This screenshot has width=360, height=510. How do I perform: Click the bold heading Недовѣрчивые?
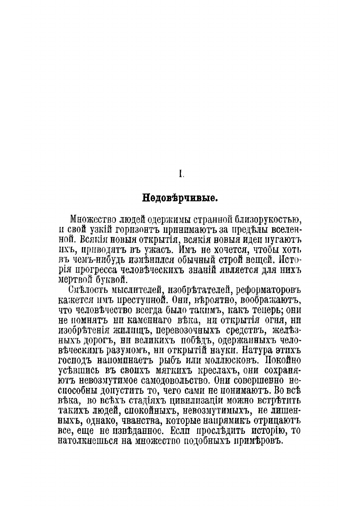180,199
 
